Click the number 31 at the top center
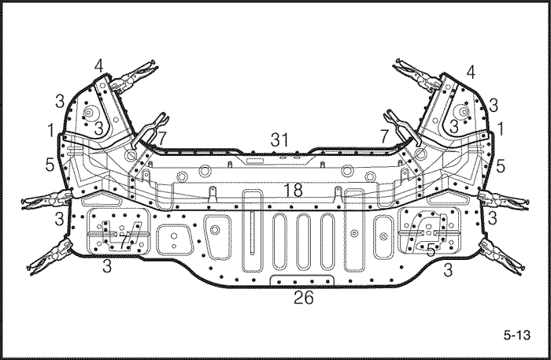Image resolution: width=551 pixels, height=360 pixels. point(279,140)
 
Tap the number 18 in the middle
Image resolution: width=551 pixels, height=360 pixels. point(293,190)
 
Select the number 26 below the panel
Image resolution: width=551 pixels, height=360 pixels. point(304,298)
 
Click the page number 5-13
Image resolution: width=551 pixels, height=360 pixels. point(516,335)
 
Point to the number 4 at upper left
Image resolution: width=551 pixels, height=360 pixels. point(98,65)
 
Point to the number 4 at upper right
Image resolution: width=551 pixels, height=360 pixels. point(471,72)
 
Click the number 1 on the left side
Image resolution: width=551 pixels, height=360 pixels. point(51,130)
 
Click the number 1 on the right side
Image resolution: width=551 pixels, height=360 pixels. point(501,128)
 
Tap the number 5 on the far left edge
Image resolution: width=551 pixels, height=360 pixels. point(50,165)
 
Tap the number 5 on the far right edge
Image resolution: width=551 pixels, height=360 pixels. point(501,165)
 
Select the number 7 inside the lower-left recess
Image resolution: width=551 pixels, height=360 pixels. point(123,242)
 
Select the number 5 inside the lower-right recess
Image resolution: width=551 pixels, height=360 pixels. point(431,250)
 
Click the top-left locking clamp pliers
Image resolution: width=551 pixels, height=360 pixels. point(131,76)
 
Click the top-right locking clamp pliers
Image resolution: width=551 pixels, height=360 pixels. point(418,75)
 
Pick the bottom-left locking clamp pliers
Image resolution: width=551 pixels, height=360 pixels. point(49,257)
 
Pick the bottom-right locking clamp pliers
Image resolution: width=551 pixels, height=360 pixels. point(503,256)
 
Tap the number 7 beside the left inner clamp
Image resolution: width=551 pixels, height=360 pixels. point(161,139)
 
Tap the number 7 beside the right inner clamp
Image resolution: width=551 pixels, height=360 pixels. point(385,135)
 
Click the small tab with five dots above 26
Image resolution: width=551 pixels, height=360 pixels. point(302,280)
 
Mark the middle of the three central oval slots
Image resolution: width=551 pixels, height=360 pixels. point(304,241)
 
